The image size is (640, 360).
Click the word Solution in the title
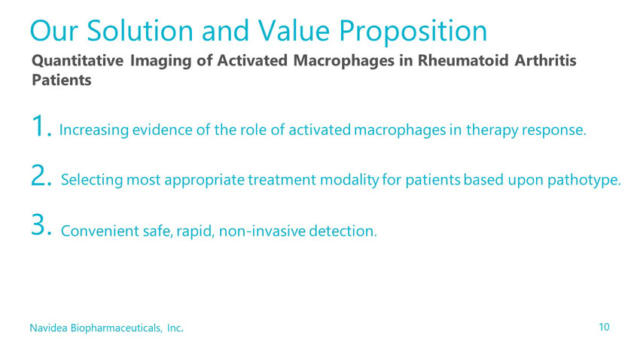coord(140,31)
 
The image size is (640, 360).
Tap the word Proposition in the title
coord(413,32)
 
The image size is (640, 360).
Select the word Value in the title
coord(294,31)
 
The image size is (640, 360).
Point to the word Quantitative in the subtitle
coord(78,61)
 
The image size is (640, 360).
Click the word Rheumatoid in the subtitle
coord(463,60)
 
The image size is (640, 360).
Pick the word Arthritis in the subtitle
coord(546,60)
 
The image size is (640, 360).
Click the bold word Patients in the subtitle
coord(62,80)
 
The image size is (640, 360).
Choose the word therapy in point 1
coord(492,131)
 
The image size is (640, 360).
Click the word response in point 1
coord(554,131)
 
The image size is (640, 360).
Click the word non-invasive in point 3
coord(262,231)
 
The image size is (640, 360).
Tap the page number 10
coord(604,327)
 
